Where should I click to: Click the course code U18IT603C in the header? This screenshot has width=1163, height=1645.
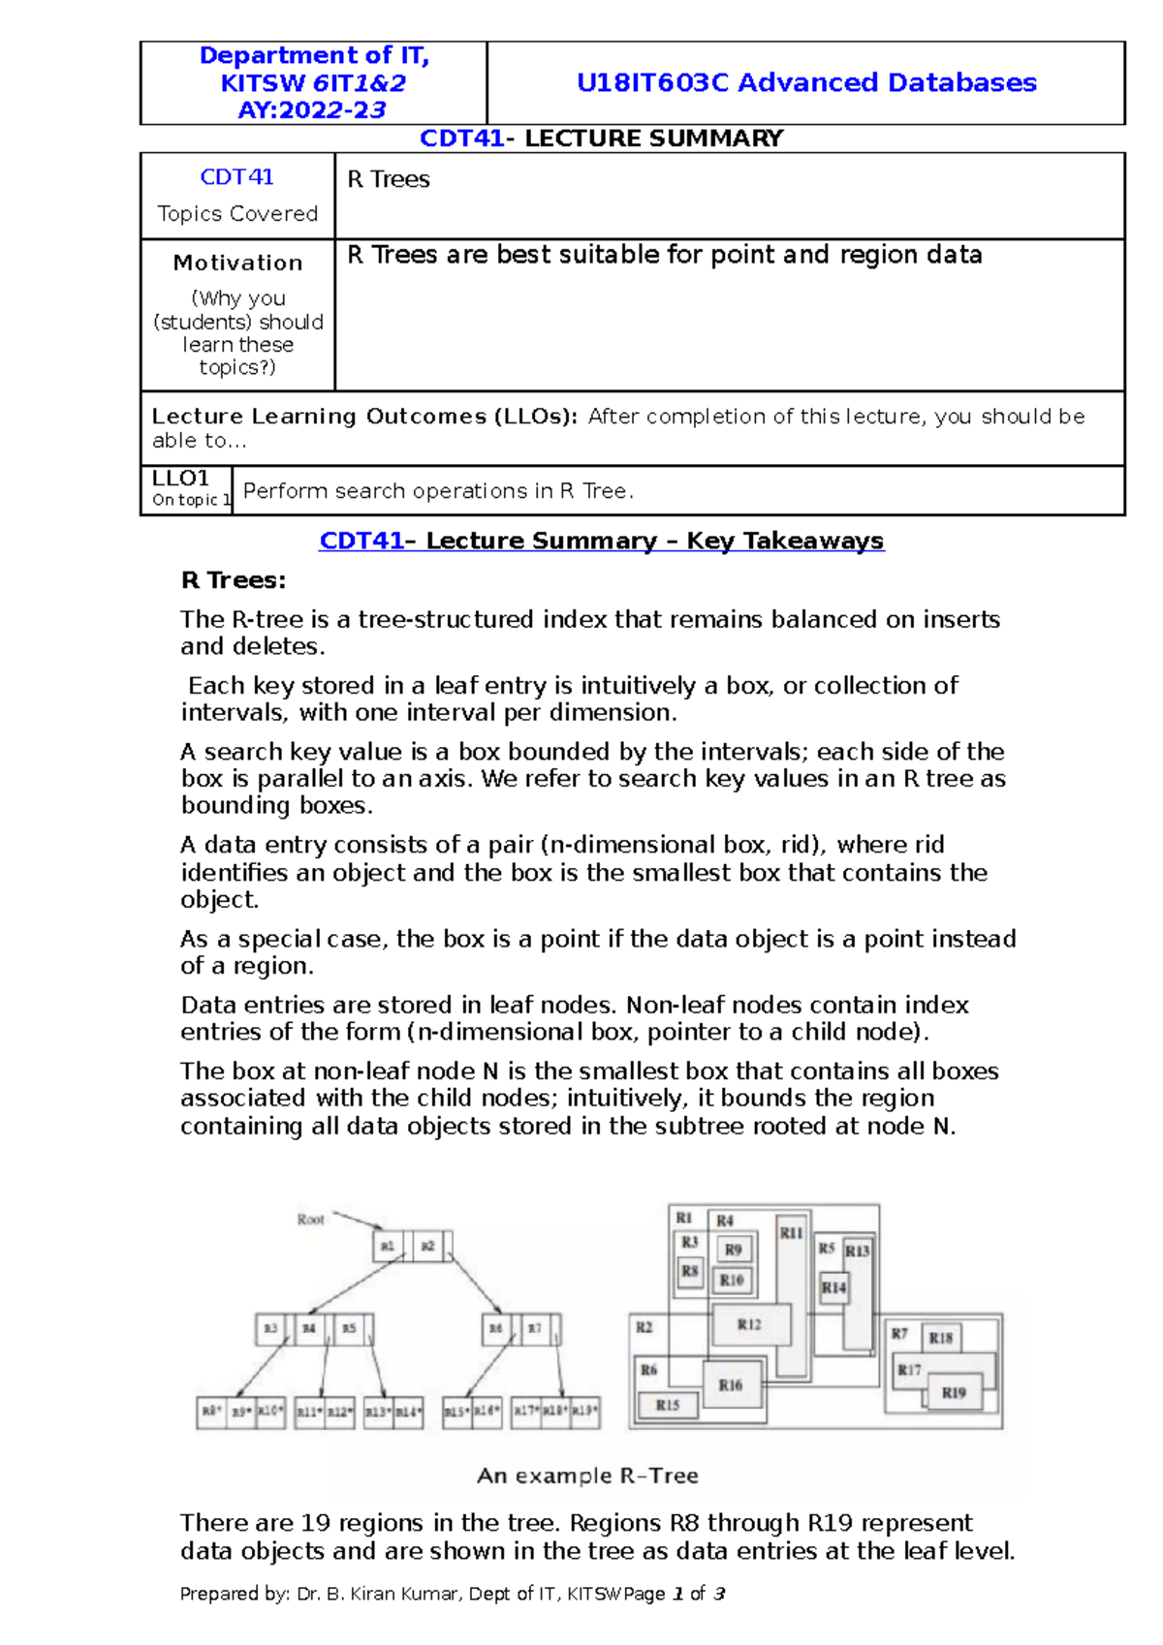click(x=651, y=82)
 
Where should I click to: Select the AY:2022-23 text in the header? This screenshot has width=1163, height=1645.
click(x=312, y=109)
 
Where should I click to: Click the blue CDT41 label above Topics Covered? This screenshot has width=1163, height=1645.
click(x=236, y=176)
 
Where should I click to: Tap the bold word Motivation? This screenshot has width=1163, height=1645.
click(x=237, y=263)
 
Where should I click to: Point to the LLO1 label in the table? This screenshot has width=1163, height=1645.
click(x=181, y=479)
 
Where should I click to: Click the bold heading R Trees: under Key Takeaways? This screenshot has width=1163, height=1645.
click(x=233, y=580)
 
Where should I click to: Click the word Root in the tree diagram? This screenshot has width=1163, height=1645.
click(x=310, y=1220)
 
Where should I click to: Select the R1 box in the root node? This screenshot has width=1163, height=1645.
click(x=388, y=1246)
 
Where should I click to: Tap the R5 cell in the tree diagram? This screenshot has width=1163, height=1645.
click(x=349, y=1328)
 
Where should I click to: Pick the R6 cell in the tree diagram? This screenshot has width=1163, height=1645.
click(x=495, y=1328)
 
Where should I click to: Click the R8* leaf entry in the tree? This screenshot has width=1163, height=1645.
click(x=211, y=1412)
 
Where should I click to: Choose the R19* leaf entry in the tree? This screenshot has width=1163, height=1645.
click(x=584, y=1412)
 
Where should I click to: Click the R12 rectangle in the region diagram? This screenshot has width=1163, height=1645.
click(x=750, y=1324)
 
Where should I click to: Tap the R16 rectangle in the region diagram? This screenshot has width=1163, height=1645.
click(x=731, y=1385)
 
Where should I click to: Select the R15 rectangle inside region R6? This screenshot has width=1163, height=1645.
click(x=668, y=1405)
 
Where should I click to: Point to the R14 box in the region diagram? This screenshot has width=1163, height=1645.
click(x=833, y=1288)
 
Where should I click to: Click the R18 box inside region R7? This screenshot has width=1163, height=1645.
click(x=941, y=1338)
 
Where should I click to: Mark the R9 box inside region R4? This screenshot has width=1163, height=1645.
click(x=734, y=1250)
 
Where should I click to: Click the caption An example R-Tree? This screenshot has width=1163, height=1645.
click(x=587, y=1475)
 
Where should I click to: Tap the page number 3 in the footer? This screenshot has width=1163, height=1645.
click(x=719, y=1594)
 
